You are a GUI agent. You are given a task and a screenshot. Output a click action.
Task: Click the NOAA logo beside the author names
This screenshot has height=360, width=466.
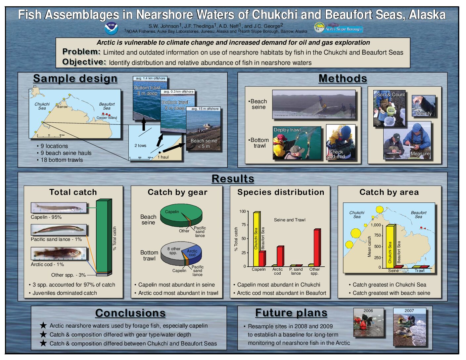[111, 28]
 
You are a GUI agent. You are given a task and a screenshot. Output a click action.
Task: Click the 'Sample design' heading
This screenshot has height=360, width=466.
[75, 78]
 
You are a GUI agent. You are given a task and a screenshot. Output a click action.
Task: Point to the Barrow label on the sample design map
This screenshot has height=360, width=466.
[63, 107]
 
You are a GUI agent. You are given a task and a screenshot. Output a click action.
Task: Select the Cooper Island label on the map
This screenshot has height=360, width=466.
[107, 118]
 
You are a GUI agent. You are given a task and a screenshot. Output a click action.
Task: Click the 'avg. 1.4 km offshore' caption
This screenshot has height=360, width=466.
[151, 78]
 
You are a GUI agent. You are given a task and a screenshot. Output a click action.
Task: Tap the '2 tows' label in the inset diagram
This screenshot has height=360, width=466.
[140, 146]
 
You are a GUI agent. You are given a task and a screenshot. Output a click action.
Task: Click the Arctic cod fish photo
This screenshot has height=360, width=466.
[59, 253]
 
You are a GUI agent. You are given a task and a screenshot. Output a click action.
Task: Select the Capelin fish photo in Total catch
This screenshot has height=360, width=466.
[59, 207]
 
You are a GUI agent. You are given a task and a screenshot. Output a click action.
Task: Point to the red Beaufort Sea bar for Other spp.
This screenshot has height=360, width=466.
[317, 247]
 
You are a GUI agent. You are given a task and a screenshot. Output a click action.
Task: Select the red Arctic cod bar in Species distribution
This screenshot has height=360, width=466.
[281, 256]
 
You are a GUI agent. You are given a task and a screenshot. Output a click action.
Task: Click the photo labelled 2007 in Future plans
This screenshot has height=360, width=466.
[410, 327]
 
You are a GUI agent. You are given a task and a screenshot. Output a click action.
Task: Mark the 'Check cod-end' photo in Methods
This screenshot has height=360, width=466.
[341, 142]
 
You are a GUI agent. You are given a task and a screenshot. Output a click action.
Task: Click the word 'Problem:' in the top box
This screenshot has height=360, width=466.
[81, 52]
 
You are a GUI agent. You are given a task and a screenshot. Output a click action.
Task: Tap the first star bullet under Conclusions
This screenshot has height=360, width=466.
[43, 325]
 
